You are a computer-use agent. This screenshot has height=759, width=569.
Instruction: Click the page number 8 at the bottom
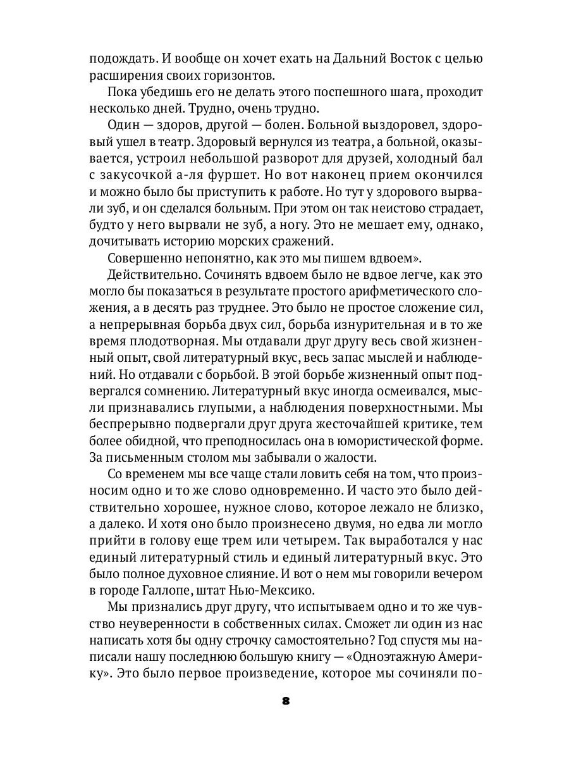point(284,701)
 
